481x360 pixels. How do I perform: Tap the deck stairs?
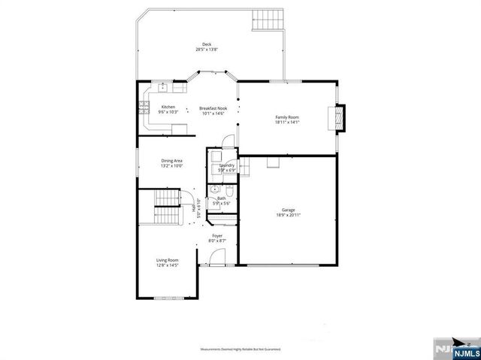click(268, 20)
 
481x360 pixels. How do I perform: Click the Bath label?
click(222, 199)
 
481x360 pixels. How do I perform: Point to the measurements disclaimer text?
click(240, 350)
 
